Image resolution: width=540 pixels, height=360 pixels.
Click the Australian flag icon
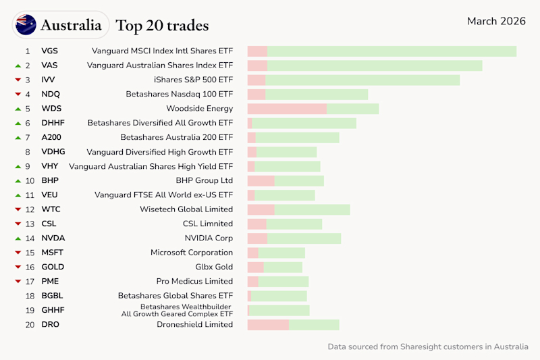coord(26,25)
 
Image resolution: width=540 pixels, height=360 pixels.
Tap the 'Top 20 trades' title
coord(162,26)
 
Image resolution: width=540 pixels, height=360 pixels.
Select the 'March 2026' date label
coord(496,21)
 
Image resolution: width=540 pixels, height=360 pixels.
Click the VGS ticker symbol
coord(49,51)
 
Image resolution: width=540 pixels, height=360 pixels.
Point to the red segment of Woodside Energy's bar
coord(287,109)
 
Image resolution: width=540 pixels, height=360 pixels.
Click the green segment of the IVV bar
coord(362,80)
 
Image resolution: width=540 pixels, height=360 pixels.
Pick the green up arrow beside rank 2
coord(18,66)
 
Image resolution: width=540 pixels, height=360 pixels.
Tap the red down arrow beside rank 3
coord(18,80)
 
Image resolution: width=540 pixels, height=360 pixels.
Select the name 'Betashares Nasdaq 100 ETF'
coord(179,95)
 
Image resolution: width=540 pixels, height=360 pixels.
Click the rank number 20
coord(29,325)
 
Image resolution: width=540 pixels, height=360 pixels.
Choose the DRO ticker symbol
coord(50,325)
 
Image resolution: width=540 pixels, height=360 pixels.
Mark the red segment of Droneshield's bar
coord(268,325)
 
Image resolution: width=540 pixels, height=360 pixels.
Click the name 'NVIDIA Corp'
coord(209,238)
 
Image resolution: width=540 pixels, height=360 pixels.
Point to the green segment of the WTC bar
coord(312,209)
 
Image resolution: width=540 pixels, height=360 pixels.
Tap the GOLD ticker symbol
coord(53,267)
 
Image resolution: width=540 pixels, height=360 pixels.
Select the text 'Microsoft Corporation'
coord(191,253)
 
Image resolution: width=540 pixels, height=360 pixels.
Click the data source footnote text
coord(428,346)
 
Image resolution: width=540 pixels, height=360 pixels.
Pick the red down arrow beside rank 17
coord(18,282)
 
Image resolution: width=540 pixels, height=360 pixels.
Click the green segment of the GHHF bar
coord(279,311)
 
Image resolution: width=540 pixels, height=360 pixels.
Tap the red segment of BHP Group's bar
coord(261,181)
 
